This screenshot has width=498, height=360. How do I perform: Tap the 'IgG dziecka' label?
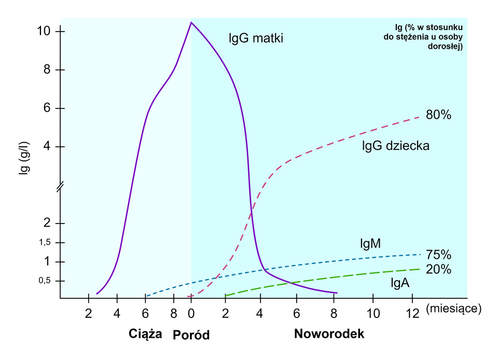click(x=395, y=146)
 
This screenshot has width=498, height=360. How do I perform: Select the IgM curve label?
click(x=370, y=243)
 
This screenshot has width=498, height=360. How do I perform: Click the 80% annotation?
click(x=438, y=115)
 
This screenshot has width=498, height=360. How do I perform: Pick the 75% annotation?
click(x=438, y=255)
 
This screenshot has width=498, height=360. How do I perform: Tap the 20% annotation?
click(x=438, y=269)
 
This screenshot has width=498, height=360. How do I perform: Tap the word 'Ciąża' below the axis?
click(x=145, y=334)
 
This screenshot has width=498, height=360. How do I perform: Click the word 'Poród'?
click(x=191, y=335)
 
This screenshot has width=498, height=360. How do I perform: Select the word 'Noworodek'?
click(x=329, y=334)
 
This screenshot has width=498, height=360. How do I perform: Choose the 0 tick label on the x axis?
click(x=191, y=313)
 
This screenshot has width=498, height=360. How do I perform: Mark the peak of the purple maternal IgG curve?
click(x=191, y=22)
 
